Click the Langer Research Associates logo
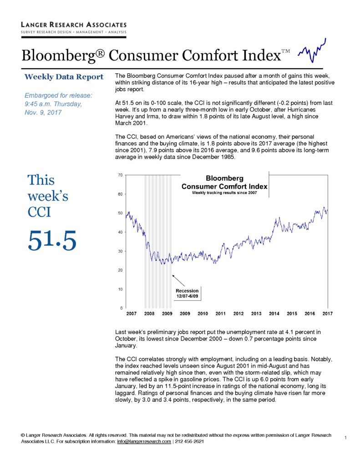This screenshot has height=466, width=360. point(74,29)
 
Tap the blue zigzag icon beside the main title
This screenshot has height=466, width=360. point(312,51)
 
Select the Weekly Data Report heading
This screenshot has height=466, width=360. point(64,77)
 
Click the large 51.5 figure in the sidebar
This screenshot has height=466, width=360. point(52,240)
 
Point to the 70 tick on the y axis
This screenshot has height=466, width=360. point(120,175)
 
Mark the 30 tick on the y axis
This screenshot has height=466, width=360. point(120,251)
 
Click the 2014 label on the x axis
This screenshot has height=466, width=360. point(274,314)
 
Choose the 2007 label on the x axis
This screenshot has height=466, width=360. point(132,314)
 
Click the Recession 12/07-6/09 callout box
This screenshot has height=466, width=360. point(188,294)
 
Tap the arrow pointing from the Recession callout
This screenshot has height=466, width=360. point(178,280)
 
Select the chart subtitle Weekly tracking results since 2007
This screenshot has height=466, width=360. point(224,192)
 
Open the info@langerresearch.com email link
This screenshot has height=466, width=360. point(144,441)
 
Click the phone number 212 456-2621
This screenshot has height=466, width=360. point(190,441)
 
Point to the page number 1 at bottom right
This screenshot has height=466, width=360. point(345,437)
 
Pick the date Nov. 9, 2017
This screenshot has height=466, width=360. point(43,113)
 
